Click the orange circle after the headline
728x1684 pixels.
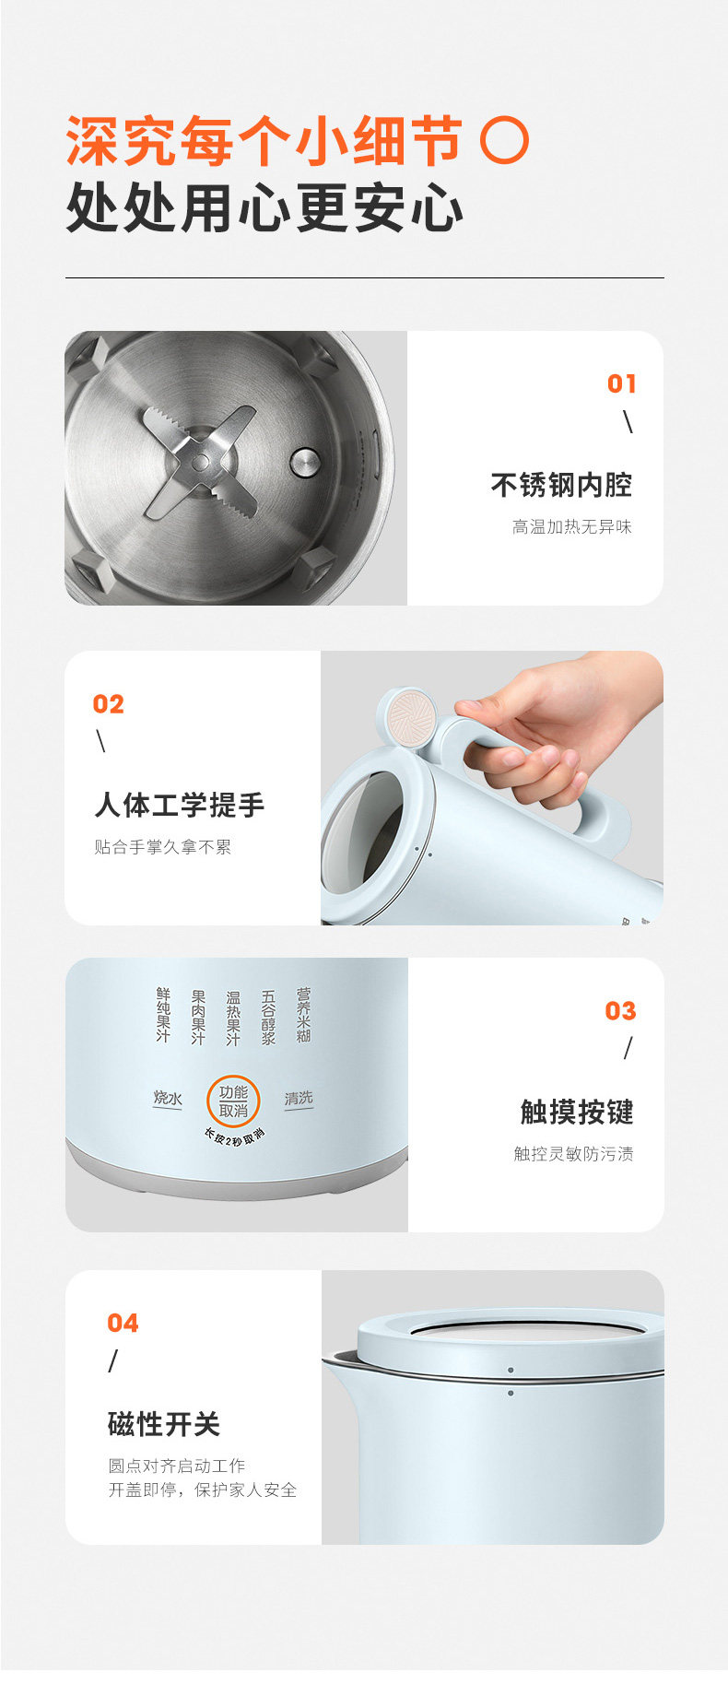point(506,141)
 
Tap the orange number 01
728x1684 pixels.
point(622,383)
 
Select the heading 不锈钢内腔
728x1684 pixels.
point(561,485)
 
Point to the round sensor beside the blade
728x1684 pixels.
point(305,462)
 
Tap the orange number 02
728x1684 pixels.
point(108,704)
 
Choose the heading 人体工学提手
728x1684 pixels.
point(180,805)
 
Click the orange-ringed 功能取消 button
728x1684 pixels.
point(233,1101)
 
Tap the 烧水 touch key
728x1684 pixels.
point(168,1098)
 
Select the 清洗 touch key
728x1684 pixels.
point(299,1098)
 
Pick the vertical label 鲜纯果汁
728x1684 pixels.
point(163,1015)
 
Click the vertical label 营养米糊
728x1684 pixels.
point(303,1016)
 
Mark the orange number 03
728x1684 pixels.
point(621,1011)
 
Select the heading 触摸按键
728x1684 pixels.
point(577,1112)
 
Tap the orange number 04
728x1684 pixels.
point(123,1324)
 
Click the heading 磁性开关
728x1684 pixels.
point(164,1424)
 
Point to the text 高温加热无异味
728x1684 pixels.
point(572,527)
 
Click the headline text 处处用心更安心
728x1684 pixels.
point(265,208)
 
